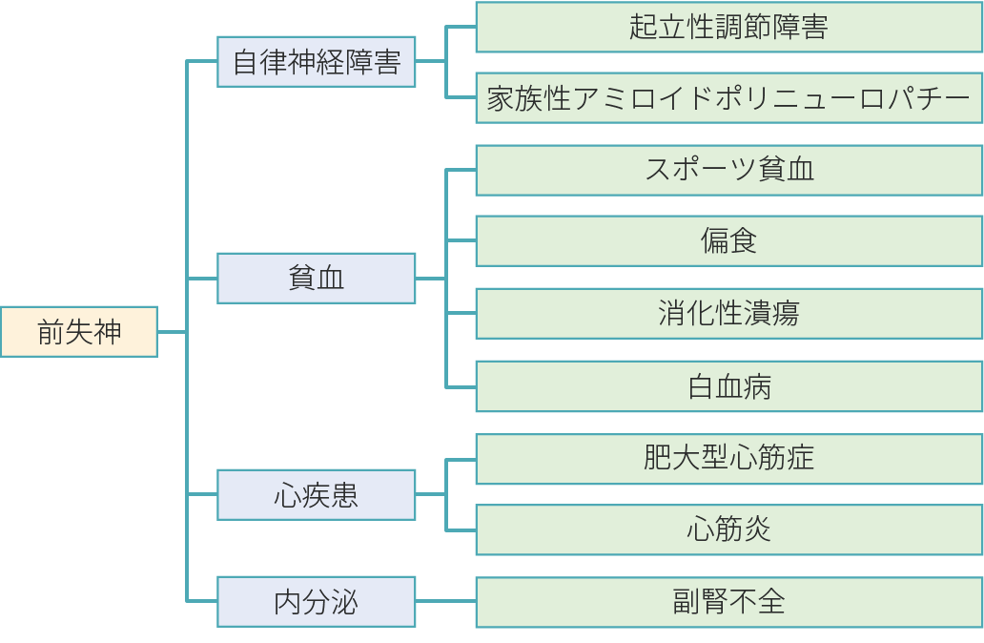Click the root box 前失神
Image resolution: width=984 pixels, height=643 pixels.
tap(79, 331)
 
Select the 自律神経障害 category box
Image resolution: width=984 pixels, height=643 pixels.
tap(317, 62)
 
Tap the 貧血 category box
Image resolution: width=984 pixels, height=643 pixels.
tap(317, 279)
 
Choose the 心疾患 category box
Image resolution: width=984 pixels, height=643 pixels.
tap(317, 494)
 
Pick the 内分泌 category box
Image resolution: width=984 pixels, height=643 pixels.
tap(317, 602)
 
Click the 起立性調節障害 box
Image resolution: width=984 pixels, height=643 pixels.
tap(728, 27)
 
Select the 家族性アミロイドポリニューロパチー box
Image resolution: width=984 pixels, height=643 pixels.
tap(728, 98)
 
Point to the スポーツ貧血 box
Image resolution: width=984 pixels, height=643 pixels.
tap(728, 171)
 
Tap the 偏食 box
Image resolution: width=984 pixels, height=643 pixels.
tap(728, 241)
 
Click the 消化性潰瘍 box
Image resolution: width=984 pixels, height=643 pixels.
tap(728, 314)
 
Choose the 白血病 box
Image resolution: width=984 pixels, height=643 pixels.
tap(728, 386)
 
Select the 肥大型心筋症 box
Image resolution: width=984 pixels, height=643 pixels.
tap(728, 459)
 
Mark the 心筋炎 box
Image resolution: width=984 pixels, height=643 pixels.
tap(728, 529)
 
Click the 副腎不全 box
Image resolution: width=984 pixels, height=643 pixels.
tap(728, 602)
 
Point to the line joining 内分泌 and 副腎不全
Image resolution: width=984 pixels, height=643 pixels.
tap(445, 602)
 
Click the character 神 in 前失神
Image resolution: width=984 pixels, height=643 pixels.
tap(108, 332)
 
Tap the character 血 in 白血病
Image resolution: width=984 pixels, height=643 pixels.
tap(729, 387)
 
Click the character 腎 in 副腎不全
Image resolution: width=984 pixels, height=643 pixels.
tap(715, 603)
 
